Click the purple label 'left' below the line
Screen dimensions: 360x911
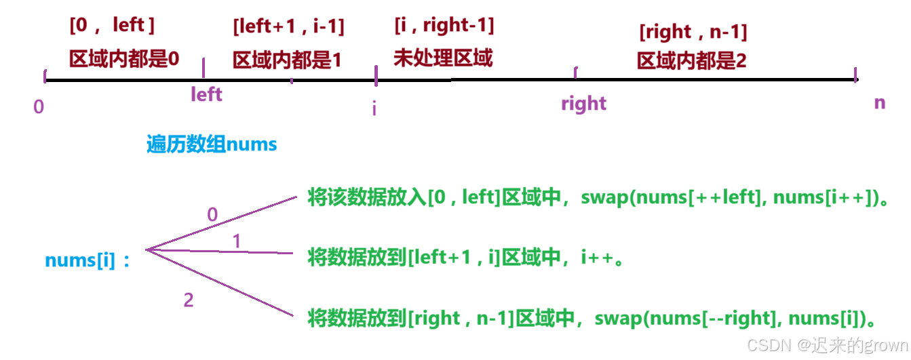pos(206,94)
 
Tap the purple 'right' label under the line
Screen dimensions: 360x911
pos(583,104)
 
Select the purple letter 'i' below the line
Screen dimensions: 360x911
pos(374,108)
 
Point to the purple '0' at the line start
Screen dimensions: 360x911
pos(39,107)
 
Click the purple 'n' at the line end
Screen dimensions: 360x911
pos(879,103)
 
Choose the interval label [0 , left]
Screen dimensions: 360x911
pos(112,26)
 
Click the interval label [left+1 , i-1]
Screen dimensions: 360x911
pos(288,27)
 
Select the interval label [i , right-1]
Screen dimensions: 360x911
pos(444,26)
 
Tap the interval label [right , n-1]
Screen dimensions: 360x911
pos(693,32)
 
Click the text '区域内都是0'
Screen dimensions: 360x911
pos(124,59)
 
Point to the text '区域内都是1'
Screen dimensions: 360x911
pos(287,60)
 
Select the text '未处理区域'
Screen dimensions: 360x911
pos(443,58)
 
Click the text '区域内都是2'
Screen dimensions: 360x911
pos(691,62)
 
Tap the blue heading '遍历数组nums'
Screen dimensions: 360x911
pos(212,144)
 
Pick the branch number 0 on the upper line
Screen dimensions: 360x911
pos(212,215)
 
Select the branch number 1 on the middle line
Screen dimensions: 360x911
pos(236,242)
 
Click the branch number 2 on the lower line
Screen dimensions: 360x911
pos(189,300)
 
